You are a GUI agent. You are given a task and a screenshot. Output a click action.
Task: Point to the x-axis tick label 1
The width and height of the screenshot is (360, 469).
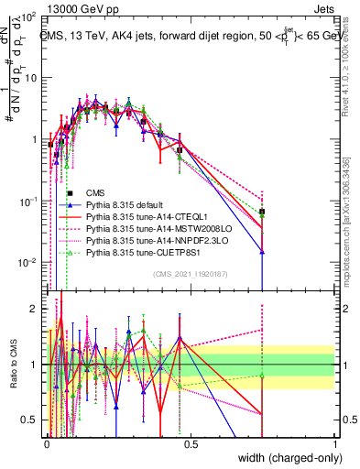tap(334, 444)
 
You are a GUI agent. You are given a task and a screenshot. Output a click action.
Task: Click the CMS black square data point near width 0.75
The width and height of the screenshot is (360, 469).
tap(262, 213)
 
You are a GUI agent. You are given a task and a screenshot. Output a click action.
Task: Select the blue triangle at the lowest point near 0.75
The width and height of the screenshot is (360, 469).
tap(262, 253)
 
